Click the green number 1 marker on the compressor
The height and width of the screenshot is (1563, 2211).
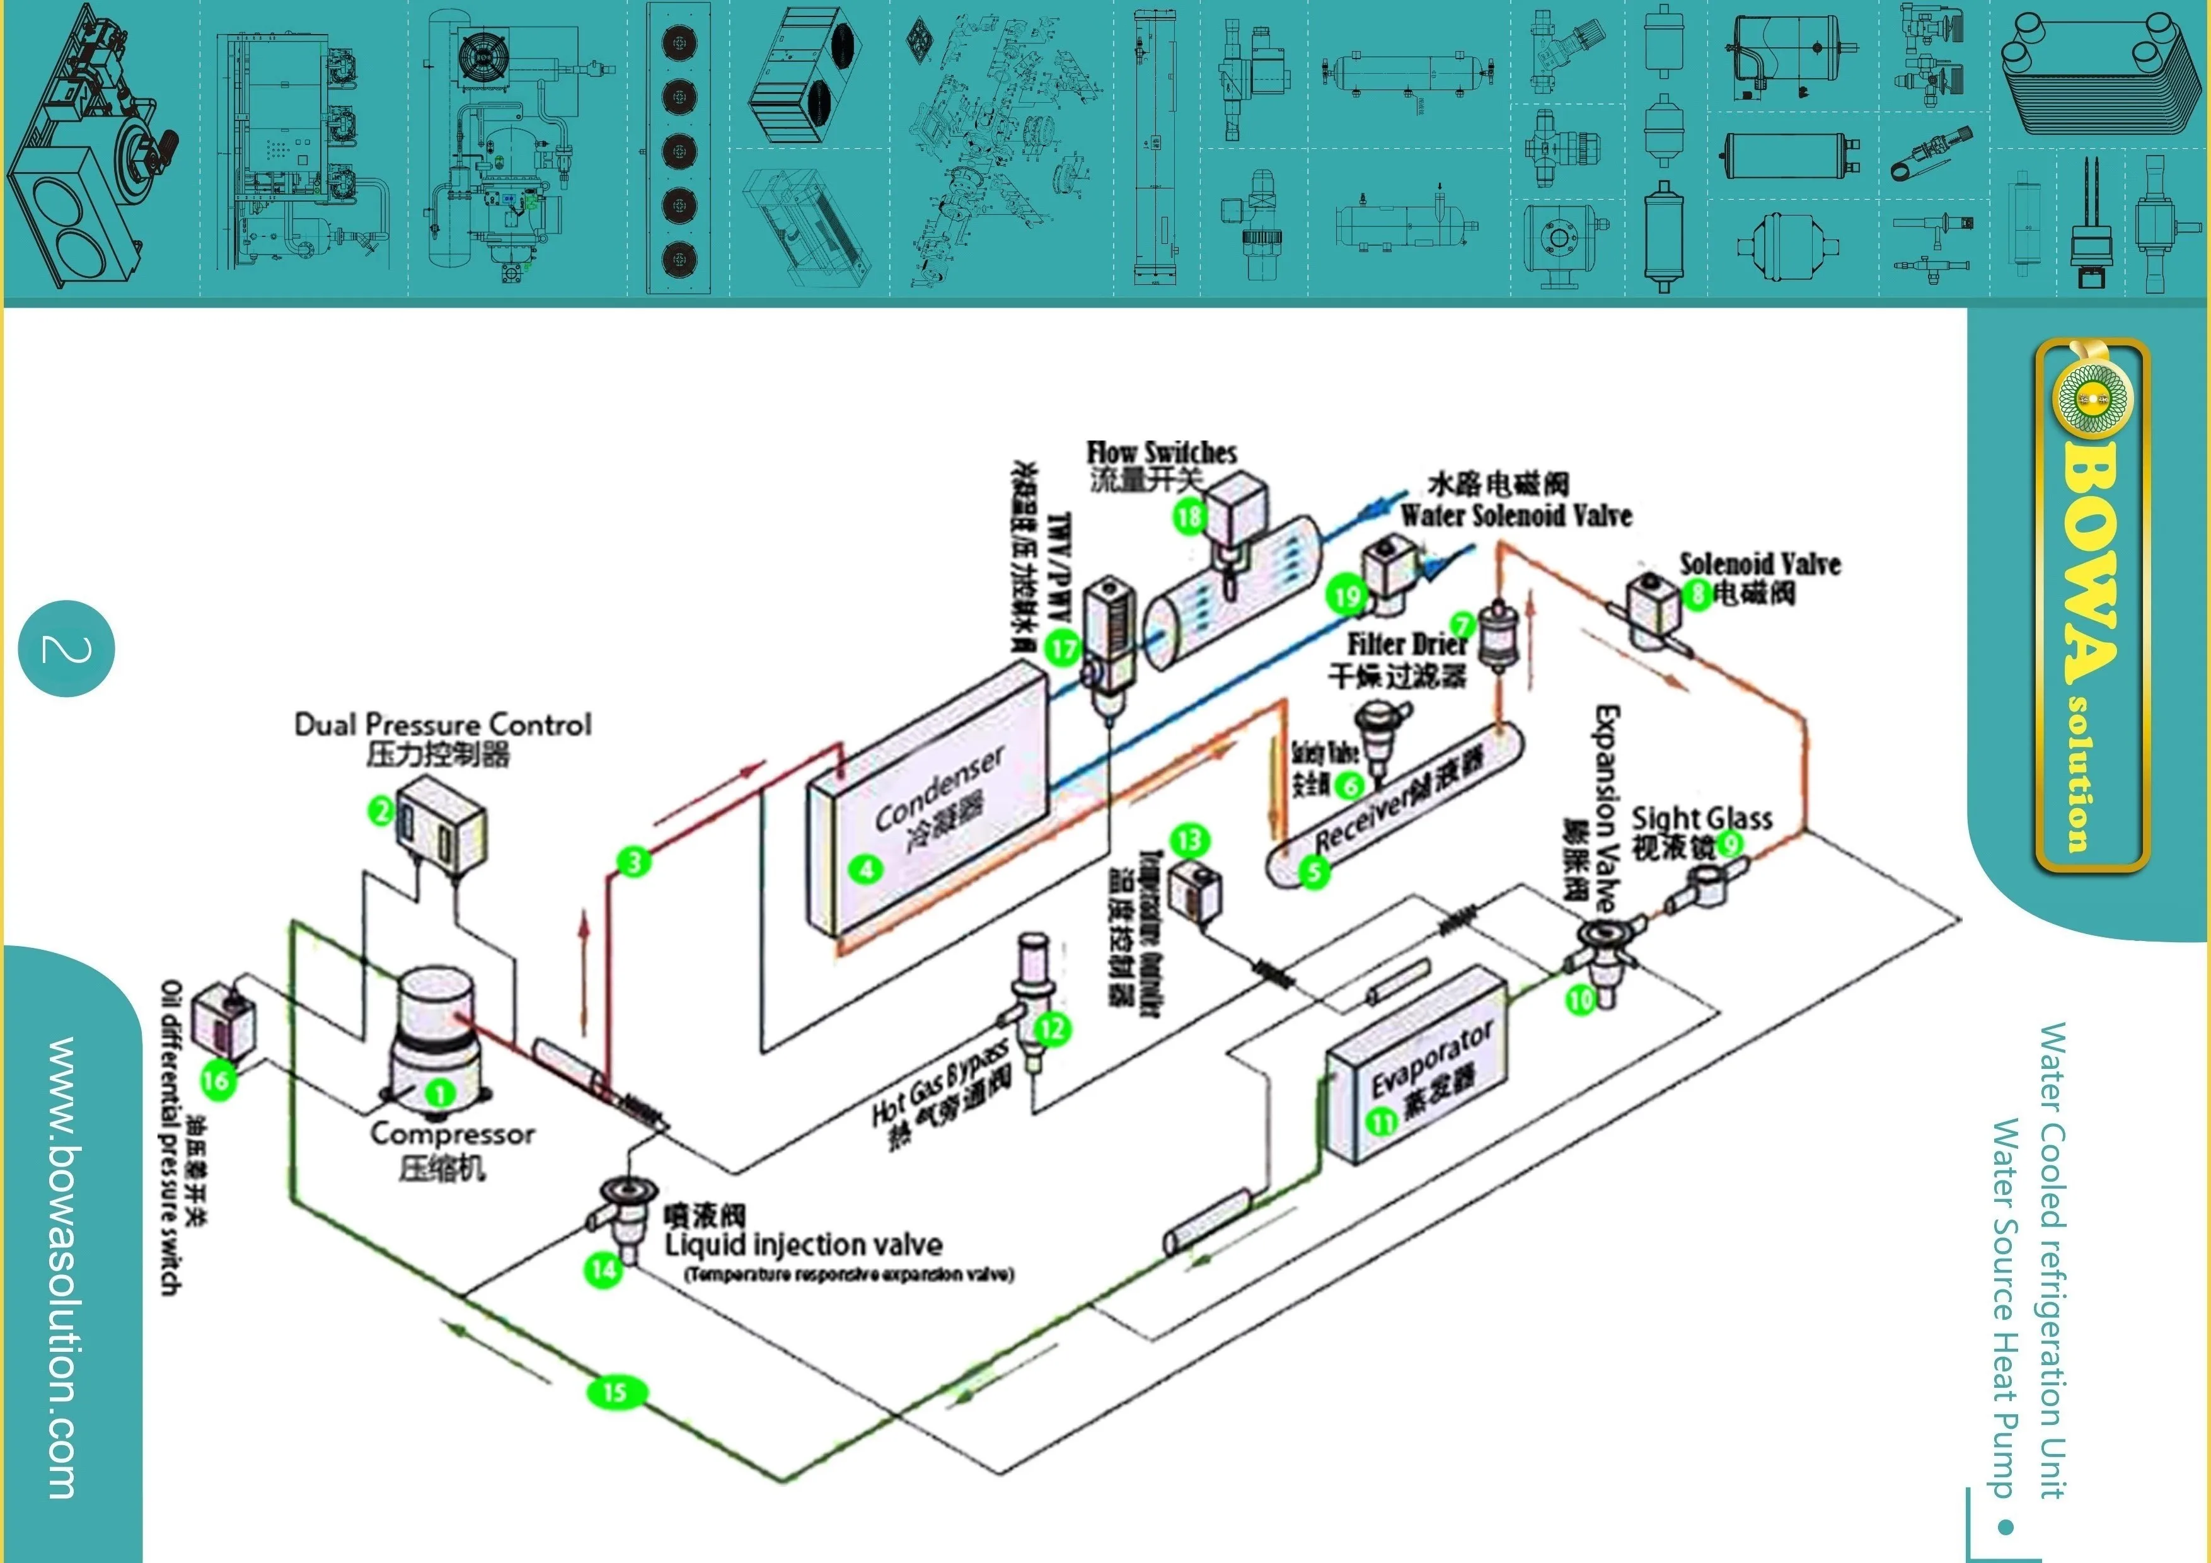[440, 1093]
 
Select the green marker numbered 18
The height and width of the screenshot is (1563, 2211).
[1188, 517]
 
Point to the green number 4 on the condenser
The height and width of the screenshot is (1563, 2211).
[867, 870]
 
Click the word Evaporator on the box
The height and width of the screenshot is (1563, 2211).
[1432, 1058]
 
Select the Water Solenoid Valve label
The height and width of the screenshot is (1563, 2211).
[1516, 515]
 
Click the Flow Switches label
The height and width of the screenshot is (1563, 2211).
[1162, 452]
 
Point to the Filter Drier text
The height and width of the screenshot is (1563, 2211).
[1406, 643]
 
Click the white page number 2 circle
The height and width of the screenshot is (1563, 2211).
[66, 649]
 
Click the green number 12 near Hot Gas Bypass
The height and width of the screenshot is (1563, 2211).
[1053, 1029]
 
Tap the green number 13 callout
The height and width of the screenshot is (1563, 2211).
[1189, 839]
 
